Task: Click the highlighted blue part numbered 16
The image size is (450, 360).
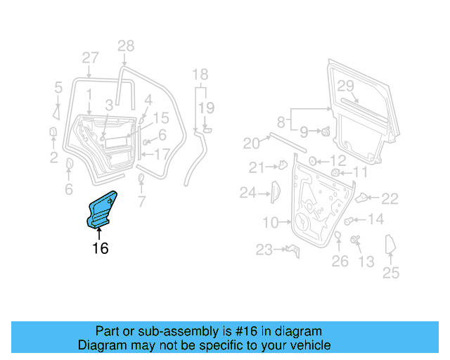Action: pyautogui.click(x=101, y=210)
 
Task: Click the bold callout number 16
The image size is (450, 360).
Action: pyautogui.click(x=101, y=248)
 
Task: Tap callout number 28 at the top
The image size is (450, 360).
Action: pyautogui.click(x=125, y=47)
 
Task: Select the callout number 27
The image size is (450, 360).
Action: pyautogui.click(x=90, y=58)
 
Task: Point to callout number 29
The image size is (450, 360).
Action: pyautogui.click(x=345, y=86)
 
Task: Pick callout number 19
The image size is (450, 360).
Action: pyautogui.click(x=205, y=108)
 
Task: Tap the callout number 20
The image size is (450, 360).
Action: pyautogui.click(x=252, y=143)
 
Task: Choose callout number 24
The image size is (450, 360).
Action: pyautogui.click(x=248, y=191)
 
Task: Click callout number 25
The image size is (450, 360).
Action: pyautogui.click(x=390, y=272)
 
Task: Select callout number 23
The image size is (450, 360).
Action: pyautogui.click(x=264, y=249)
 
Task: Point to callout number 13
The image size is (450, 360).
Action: pyautogui.click(x=366, y=262)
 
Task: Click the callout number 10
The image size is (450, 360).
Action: pyautogui.click(x=271, y=223)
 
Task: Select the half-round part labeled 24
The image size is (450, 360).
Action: pyautogui.click(x=275, y=191)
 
